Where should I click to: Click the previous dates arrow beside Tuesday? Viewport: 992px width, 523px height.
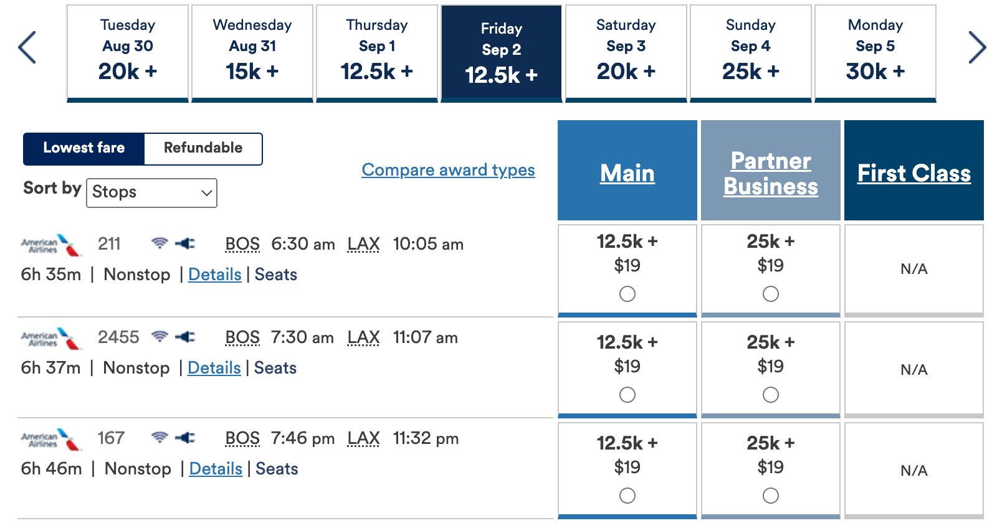27,47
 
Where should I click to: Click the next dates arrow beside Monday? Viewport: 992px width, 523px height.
976,47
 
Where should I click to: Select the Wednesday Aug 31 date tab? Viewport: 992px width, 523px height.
252,52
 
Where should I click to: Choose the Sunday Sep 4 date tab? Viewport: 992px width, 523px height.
750,52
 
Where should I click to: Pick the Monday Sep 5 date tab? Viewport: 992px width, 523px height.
875,52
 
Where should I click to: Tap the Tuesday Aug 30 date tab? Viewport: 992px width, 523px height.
128,52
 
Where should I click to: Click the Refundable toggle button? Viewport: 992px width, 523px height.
203,148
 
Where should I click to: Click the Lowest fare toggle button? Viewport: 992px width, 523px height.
84,148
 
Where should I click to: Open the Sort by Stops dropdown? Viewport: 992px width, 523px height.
151,192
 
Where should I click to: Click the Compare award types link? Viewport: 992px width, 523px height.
448,170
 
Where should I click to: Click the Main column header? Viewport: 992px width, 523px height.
627,173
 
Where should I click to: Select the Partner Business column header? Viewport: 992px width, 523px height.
770,173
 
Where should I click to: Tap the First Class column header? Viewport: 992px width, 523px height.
913,173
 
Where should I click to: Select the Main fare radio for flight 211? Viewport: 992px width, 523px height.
627,294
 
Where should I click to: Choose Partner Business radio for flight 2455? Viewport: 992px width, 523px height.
771,395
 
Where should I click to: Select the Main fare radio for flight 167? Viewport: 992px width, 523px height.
627,496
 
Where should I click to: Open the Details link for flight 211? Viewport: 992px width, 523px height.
215,275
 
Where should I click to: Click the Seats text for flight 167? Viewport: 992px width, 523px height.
277,469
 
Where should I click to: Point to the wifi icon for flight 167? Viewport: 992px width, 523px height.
160,438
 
